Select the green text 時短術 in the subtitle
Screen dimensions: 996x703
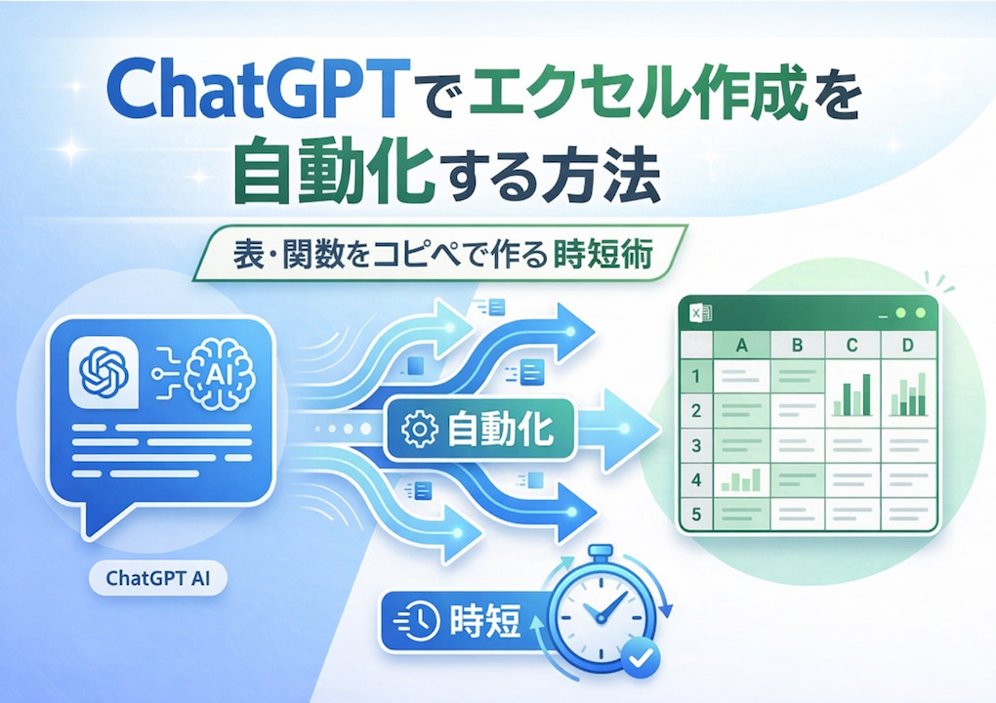[x=602, y=255]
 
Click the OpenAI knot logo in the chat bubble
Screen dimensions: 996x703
[x=104, y=371]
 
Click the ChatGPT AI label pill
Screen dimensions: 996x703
[x=158, y=579]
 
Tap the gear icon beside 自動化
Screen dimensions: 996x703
[x=420, y=429]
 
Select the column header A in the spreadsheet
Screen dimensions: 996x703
[x=741, y=345]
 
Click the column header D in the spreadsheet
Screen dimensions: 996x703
[x=908, y=345]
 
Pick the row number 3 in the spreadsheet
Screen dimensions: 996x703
[x=696, y=445]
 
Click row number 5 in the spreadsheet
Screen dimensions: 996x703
[x=696, y=514]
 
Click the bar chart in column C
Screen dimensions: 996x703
[x=852, y=394]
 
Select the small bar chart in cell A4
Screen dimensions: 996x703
[x=740, y=480]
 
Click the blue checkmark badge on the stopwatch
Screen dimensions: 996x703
[x=641, y=658]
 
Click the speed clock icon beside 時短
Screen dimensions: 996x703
[x=417, y=619]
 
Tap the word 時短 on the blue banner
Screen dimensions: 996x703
[x=484, y=620]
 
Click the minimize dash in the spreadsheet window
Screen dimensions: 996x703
[x=883, y=315]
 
